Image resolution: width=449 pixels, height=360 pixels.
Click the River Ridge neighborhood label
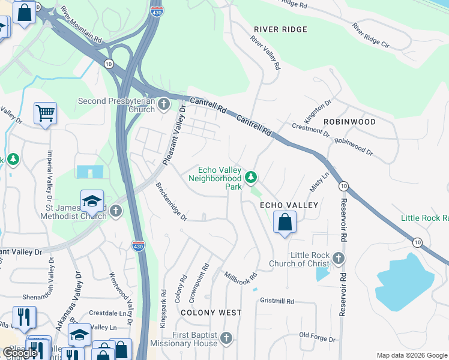click(280, 29)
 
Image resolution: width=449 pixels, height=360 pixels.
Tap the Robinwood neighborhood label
click(349, 122)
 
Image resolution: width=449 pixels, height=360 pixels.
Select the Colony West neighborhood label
click(211, 313)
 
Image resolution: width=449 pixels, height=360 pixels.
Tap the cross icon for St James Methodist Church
click(115, 211)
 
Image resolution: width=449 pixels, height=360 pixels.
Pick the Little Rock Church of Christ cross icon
click(339, 259)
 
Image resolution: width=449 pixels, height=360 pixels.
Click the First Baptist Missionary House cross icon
click(226, 339)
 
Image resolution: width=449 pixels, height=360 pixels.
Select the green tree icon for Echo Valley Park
click(251, 178)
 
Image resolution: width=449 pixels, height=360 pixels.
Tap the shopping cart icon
click(45, 113)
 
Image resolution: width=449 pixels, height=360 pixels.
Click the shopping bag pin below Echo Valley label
click(285, 223)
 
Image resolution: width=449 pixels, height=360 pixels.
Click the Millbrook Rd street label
click(241, 278)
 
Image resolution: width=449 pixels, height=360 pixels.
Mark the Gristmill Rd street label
click(277, 301)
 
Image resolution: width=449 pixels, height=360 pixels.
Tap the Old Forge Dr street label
click(317, 338)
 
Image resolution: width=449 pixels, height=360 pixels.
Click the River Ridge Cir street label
click(371, 36)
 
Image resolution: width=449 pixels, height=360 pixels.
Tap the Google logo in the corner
click(20, 353)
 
